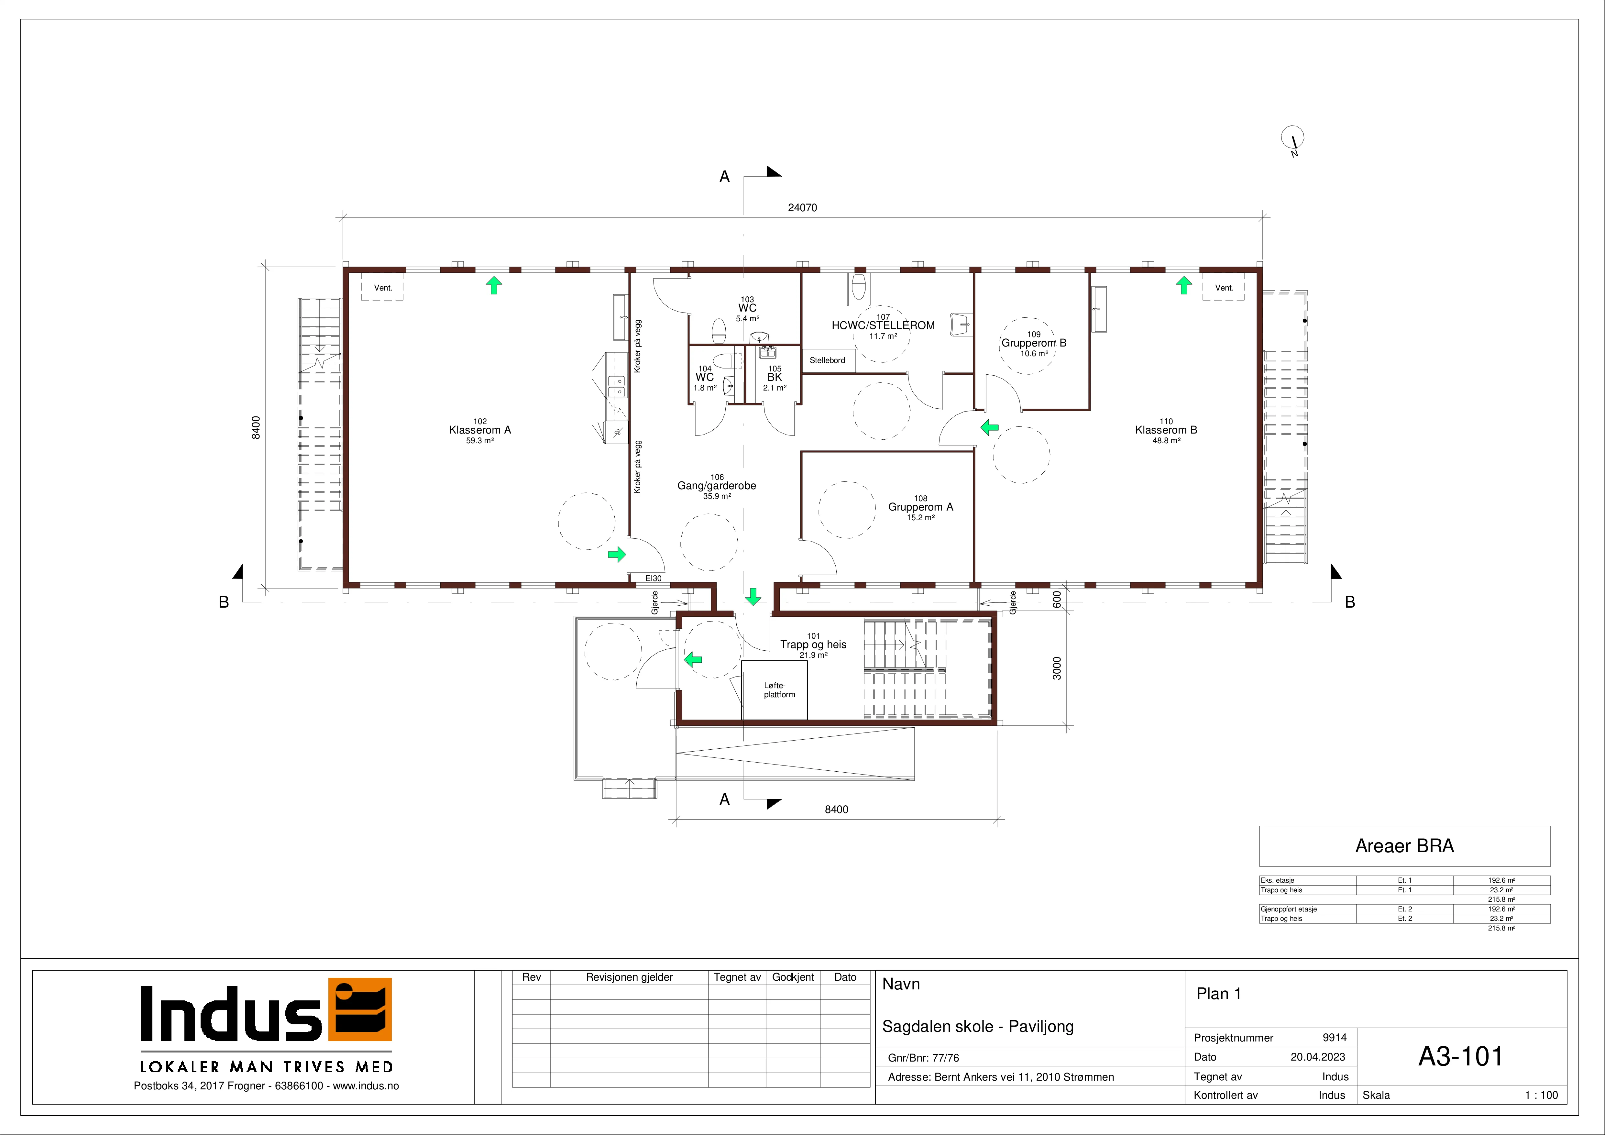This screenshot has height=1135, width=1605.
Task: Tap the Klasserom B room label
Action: tap(1166, 430)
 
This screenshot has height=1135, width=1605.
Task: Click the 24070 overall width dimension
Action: tap(802, 208)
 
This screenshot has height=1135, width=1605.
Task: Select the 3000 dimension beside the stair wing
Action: tap(1057, 668)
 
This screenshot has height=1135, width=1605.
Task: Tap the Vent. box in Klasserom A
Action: tap(382, 287)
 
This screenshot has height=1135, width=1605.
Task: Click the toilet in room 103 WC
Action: tap(719, 331)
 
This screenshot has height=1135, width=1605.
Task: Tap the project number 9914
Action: tap(1335, 1038)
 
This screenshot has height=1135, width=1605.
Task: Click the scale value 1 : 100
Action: tap(1541, 1095)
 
